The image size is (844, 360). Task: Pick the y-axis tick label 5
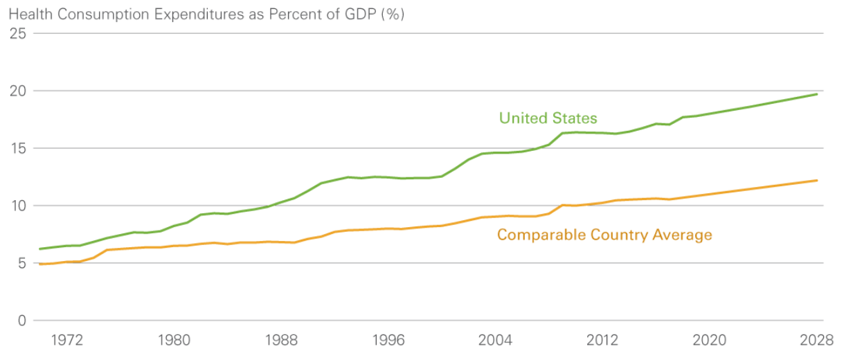23,263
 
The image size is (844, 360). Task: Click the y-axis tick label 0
23,321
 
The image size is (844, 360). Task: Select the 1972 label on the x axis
67,340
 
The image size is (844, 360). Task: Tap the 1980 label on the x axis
174,340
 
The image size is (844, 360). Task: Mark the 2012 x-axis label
602,340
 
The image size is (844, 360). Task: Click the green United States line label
548,118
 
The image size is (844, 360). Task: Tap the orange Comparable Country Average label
604,235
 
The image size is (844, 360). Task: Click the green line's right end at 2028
817,94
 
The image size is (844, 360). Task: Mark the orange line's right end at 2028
817,181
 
